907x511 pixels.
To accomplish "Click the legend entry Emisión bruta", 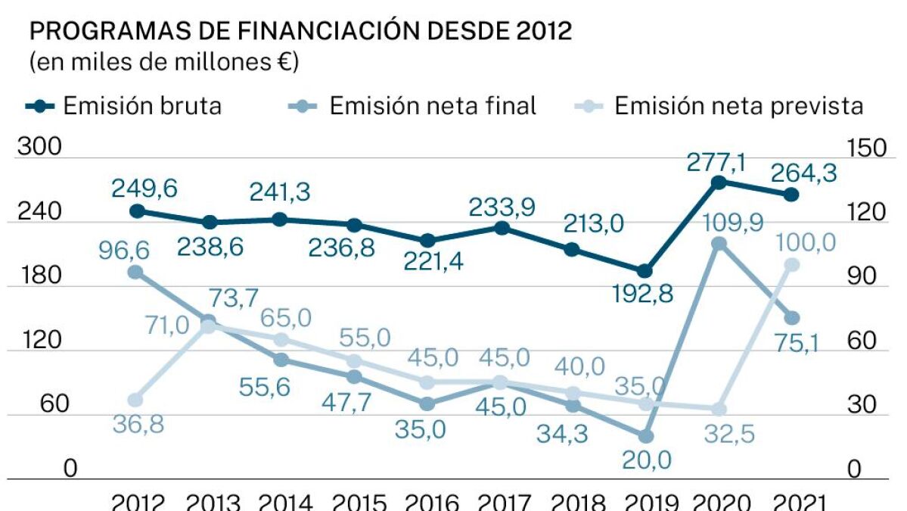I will (x=126, y=106).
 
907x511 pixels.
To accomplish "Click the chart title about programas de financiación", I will (x=300, y=32).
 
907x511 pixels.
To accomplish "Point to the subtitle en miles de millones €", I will (x=163, y=62).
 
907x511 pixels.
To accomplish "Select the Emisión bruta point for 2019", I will (x=645, y=271).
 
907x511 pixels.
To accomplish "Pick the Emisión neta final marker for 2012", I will (x=135, y=273).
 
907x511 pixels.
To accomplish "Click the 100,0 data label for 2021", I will (x=807, y=242).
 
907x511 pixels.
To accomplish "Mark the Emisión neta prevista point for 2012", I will (x=135, y=400).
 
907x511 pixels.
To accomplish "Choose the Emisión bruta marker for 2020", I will (x=719, y=182).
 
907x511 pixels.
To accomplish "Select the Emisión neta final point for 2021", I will (x=791, y=318).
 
